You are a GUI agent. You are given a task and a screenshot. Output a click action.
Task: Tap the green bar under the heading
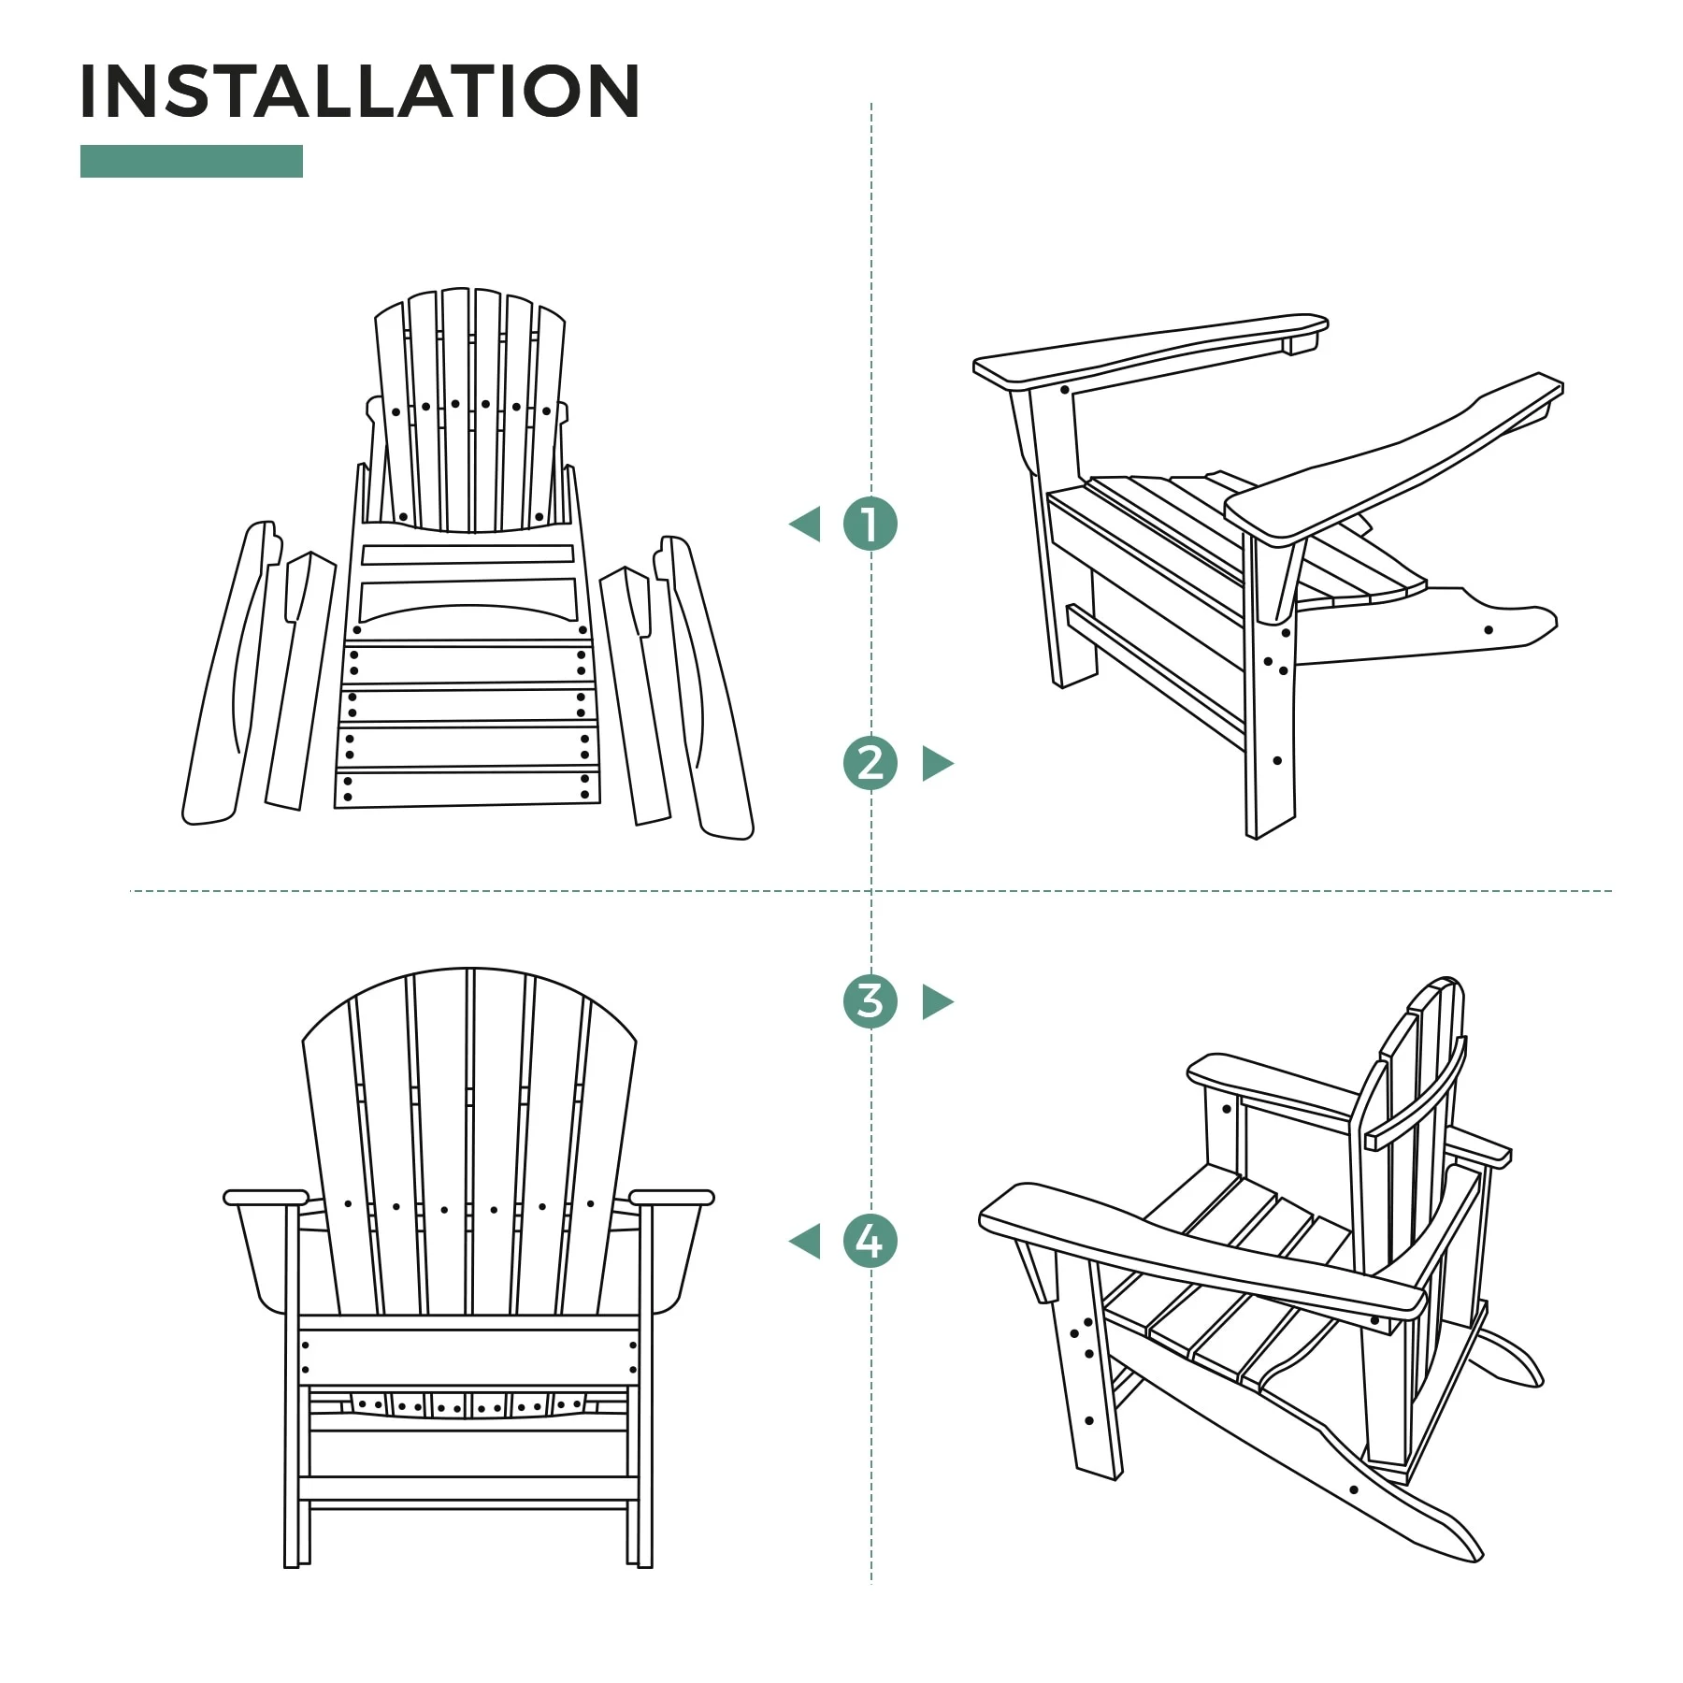192,161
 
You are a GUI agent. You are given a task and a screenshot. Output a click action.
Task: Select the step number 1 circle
870,524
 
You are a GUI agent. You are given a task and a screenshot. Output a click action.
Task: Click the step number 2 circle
870,763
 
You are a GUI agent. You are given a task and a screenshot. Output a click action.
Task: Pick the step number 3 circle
870,1001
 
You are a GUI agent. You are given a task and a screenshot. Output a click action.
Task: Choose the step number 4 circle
870,1241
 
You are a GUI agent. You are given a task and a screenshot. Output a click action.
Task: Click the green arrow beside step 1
806,524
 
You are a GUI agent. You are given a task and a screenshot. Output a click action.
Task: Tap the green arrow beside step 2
936,763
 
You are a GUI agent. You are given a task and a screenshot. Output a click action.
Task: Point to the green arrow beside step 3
936,1001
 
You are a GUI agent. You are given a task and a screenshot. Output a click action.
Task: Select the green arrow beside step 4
806,1242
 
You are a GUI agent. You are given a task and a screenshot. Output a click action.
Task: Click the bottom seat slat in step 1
467,788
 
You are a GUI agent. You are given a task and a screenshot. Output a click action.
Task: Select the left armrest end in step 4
266,1197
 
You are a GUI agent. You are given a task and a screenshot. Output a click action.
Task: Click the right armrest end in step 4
671,1197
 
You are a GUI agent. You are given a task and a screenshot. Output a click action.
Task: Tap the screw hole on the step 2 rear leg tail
1489,630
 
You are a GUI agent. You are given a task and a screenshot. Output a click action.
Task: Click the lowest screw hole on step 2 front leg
1277,760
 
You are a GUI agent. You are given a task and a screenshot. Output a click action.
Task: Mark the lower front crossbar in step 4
467,1488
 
